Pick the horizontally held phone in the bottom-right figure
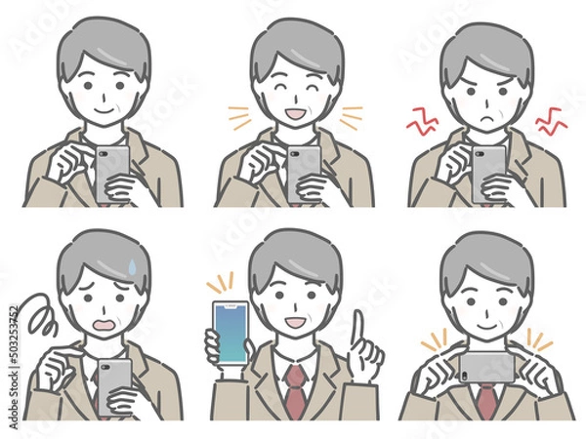(486, 367)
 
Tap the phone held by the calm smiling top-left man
(109, 173)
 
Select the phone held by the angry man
(487, 173)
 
